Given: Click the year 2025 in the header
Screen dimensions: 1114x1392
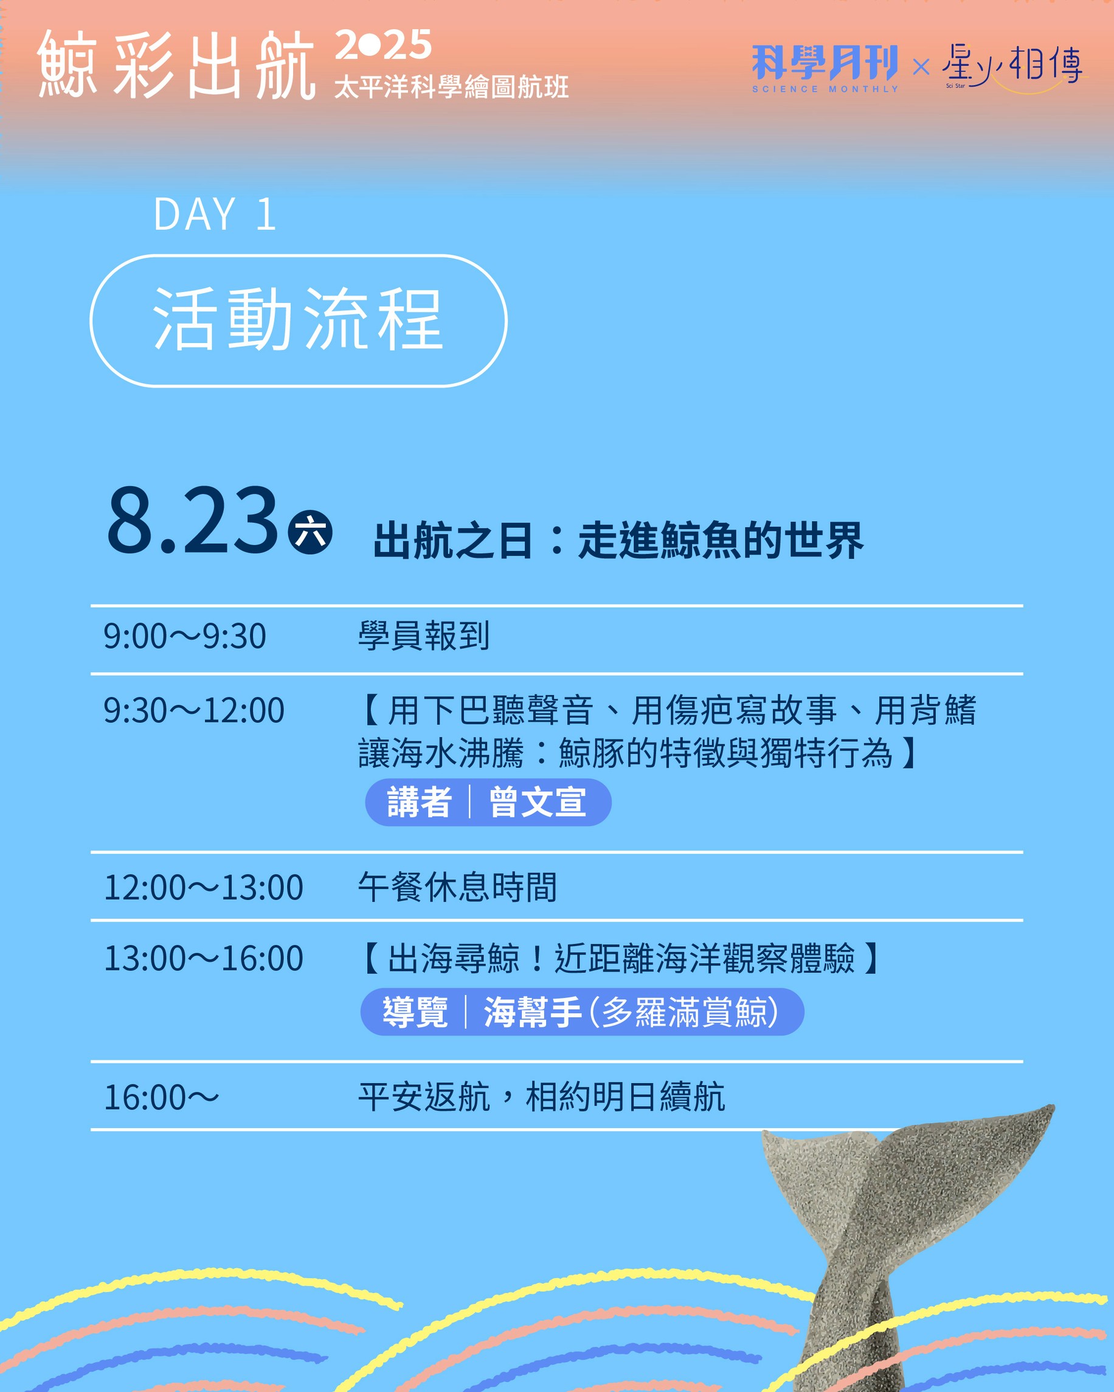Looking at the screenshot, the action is click(383, 44).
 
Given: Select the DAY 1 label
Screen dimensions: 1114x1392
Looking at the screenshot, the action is click(215, 213).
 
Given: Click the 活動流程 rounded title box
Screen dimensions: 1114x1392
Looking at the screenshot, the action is click(298, 321).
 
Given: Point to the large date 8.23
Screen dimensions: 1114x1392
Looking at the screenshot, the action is click(192, 520).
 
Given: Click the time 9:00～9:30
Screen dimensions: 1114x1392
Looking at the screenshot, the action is click(185, 636).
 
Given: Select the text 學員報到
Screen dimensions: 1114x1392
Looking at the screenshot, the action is click(424, 636).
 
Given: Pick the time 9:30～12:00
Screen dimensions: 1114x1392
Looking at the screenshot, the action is click(193, 710).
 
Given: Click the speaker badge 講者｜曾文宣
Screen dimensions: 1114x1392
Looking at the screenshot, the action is click(488, 803).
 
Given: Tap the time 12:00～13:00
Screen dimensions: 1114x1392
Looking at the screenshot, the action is click(203, 887).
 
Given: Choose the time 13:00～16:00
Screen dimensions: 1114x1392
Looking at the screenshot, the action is click(203, 958).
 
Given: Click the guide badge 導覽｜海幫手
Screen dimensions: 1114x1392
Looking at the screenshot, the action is click(582, 1012).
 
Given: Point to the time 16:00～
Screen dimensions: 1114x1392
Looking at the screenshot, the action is click(161, 1098).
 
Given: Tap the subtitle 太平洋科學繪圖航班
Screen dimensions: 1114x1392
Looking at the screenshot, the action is click(451, 87).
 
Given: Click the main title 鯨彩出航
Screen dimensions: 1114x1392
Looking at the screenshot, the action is click(176, 64).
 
